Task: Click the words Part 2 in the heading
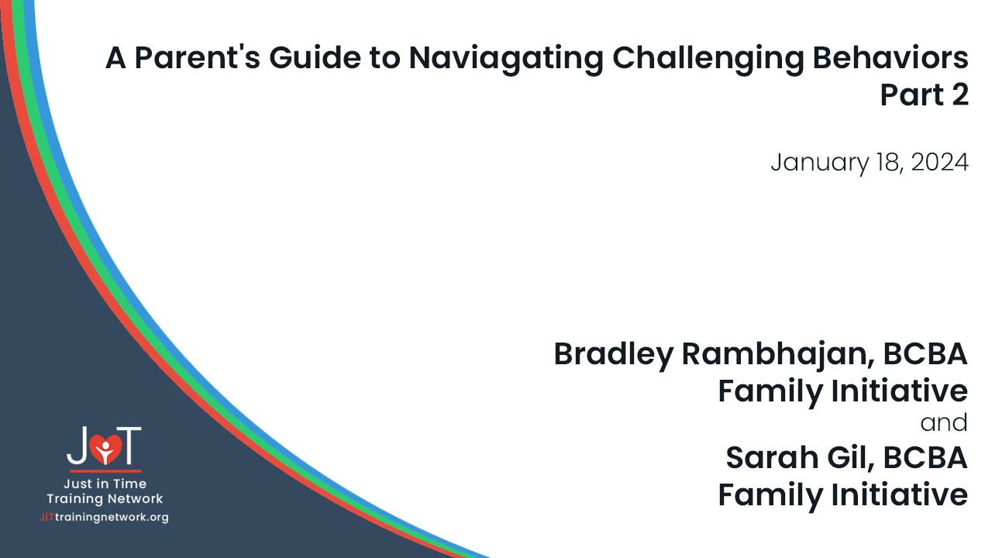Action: point(924,95)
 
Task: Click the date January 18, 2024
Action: point(869,163)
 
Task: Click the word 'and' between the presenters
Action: point(944,423)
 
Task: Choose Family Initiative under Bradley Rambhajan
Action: point(842,391)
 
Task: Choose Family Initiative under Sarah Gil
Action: point(842,494)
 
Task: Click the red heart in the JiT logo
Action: point(105,448)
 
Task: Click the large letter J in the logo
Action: point(77,446)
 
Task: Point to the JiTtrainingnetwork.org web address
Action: point(104,517)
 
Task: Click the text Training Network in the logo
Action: point(105,499)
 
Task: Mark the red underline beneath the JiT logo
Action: point(105,470)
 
